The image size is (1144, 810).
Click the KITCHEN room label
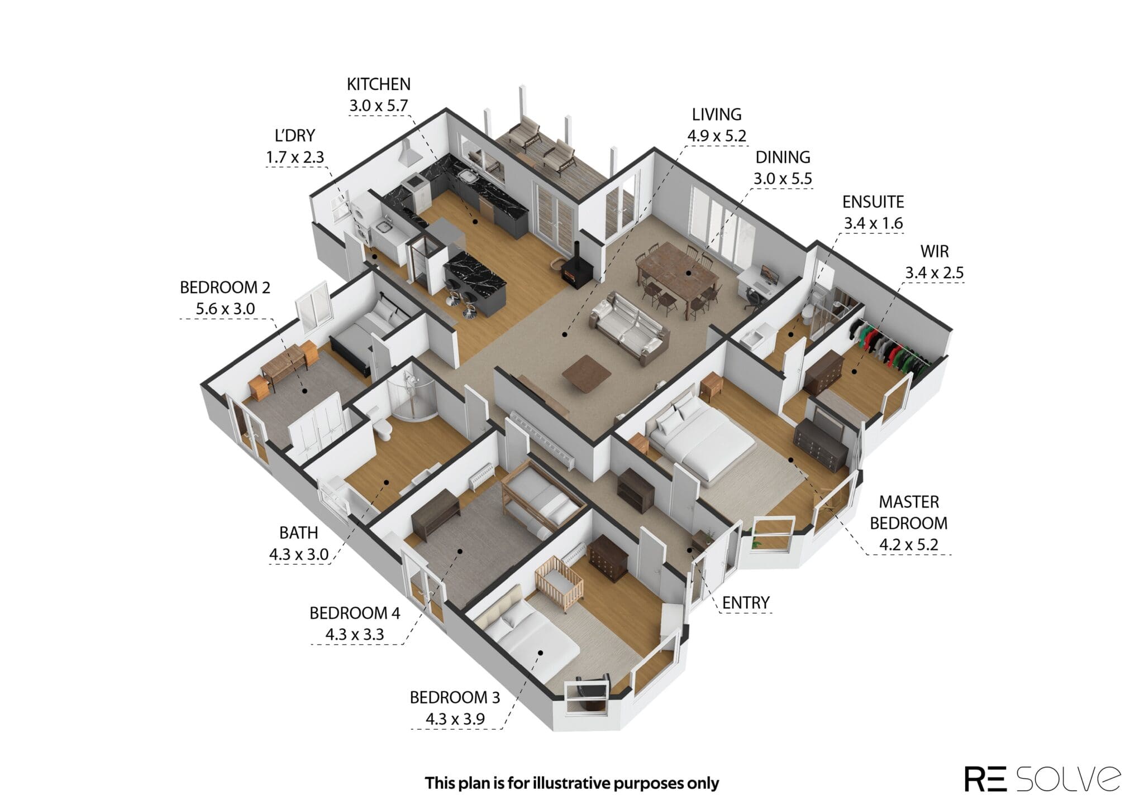pos(379,84)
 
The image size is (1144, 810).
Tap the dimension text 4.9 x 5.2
pos(717,136)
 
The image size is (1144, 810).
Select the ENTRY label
pos(746,603)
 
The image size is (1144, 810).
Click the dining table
pos(678,277)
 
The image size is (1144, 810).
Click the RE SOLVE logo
pos(1042,779)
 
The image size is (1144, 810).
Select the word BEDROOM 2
pos(225,287)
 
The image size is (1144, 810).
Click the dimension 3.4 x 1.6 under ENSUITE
pos(873,223)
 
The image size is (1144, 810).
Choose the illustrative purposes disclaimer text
pos(571,783)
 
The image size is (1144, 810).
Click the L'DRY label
pos(294,136)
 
